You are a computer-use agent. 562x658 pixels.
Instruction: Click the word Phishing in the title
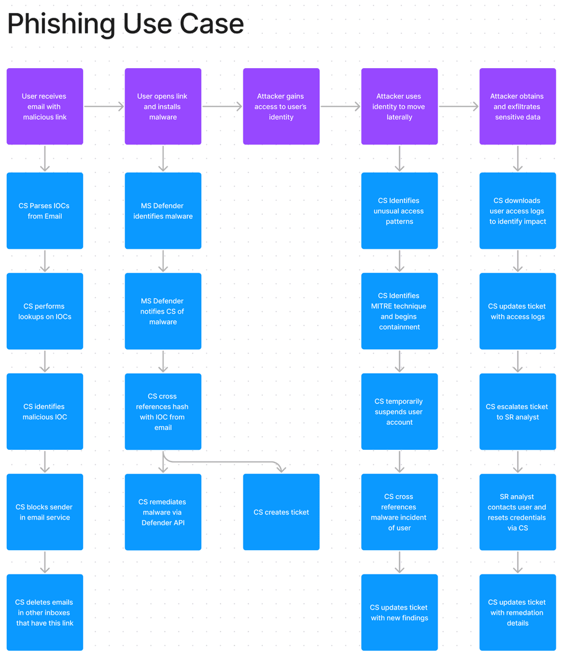click(x=61, y=24)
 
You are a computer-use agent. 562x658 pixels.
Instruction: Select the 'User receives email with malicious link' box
click(x=45, y=106)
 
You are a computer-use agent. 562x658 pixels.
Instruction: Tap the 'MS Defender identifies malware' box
click(x=163, y=211)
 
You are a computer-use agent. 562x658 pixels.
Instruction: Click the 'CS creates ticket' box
click(x=281, y=512)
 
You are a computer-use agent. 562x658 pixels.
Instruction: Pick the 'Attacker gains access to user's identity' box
click(x=281, y=106)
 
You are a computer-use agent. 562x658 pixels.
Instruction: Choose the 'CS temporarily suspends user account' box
click(x=399, y=411)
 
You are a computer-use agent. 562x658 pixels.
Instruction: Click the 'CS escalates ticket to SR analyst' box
click(x=517, y=411)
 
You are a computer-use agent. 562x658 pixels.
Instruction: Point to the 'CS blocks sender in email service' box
click(x=45, y=512)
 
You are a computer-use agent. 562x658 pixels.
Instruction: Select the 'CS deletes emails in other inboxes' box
click(x=45, y=612)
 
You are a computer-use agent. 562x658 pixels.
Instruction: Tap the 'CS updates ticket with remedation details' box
click(x=517, y=612)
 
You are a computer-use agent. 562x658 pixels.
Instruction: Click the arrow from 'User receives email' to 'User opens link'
click(x=104, y=107)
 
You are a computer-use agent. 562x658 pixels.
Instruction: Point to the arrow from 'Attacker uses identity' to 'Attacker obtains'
click(x=458, y=107)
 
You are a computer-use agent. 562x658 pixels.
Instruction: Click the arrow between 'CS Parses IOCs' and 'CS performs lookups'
click(x=45, y=260)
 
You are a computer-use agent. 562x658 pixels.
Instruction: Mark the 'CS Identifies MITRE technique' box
click(x=399, y=311)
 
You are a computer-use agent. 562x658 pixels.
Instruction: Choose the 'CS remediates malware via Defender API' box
click(x=163, y=512)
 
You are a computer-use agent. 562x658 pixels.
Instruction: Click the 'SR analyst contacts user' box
click(x=517, y=512)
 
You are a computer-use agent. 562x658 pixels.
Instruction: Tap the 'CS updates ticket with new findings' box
click(x=399, y=612)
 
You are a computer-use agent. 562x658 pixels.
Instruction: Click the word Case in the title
click(x=212, y=24)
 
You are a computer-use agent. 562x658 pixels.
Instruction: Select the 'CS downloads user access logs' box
click(x=517, y=211)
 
